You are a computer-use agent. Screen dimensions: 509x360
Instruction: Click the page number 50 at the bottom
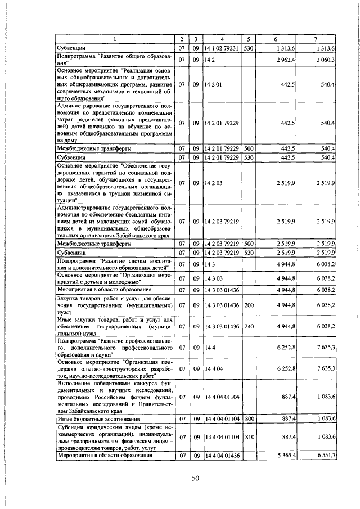(x=196, y=478)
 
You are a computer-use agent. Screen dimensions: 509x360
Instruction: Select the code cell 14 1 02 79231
(x=222, y=49)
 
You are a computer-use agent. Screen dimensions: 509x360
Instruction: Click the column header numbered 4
(x=222, y=39)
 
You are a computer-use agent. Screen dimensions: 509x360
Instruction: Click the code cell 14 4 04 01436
(x=222, y=455)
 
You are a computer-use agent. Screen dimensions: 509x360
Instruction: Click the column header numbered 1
(x=114, y=39)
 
